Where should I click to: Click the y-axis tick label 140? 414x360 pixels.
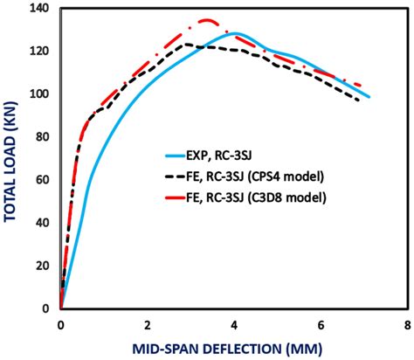coord(38,9)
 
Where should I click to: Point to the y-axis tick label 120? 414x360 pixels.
coord(38,52)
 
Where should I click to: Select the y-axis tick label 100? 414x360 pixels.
coord(38,94)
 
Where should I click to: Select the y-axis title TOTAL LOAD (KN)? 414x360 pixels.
coord(12,157)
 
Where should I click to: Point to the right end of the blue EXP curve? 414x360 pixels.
coord(369,97)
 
